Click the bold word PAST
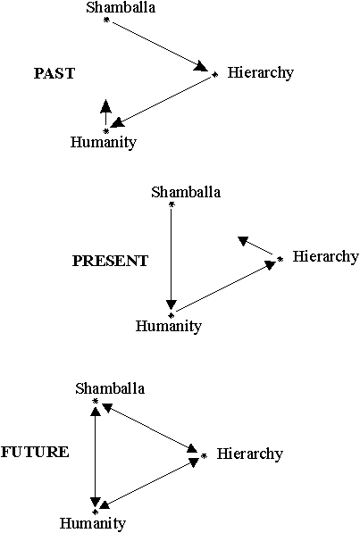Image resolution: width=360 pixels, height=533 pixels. point(54,73)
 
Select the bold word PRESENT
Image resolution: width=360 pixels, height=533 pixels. point(110,261)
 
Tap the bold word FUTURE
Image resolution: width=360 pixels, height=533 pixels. point(35,453)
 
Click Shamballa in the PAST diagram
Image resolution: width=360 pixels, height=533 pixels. point(121,7)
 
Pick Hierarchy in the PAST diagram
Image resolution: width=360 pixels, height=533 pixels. point(261,73)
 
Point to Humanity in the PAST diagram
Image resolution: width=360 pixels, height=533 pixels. point(104,142)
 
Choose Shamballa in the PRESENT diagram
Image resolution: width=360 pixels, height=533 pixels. point(186,192)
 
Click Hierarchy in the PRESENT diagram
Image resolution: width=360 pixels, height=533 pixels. point(326,257)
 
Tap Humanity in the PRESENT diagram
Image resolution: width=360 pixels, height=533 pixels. point(169,326)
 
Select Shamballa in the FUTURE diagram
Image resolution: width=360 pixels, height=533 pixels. point(110,388)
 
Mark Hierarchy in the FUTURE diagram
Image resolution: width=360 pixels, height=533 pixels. point(250,454)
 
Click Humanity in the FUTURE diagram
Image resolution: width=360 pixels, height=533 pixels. point(93,523)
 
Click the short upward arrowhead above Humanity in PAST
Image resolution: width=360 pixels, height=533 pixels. point(106,105)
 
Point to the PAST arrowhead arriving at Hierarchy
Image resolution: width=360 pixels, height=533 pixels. point(201,66)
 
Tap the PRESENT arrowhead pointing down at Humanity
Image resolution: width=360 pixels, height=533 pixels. point(172,305)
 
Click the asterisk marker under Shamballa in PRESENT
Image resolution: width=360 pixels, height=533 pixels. point(172,204)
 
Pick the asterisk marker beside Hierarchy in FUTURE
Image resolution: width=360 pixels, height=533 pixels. point(204,456)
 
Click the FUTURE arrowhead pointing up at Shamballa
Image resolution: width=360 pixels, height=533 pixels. point(96,412)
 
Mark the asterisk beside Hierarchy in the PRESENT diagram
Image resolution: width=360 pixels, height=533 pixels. point(280,260)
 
